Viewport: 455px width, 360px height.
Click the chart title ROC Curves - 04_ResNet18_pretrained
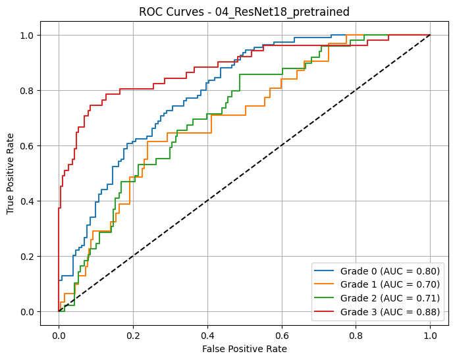pyautogui.click(x=244, y=11)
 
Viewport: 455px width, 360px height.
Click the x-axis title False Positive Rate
pyautogui.click(x=244, y=348)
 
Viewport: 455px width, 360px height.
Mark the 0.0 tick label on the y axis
pyautogui.click(x=28, y=311)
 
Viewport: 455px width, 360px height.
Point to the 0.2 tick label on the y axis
pyautogui.click(x=28, y=256)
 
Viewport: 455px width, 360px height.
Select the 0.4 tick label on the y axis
pyautogui.click(x=28, y=201)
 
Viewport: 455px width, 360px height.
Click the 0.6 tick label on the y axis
pyautogui.click(x=28, y=145)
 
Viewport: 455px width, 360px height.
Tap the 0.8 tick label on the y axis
pyautogui.click(x=28, y=90)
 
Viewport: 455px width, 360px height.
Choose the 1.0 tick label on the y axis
pyautogui.click(x=28, y=35)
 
